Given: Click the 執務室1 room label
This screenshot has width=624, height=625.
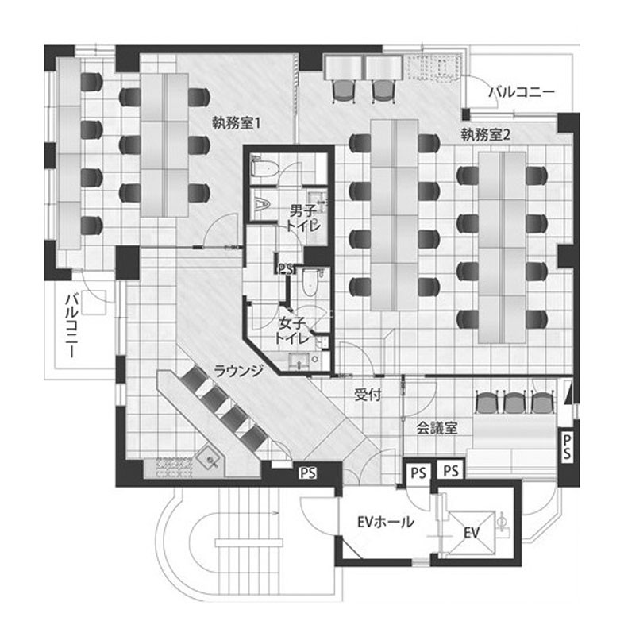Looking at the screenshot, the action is click(237, 123).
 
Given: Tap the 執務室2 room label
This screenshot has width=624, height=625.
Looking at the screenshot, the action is click(485, 134).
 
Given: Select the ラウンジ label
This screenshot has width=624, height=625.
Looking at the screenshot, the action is click(238, 371).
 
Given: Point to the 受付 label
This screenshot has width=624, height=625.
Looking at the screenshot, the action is click(368, 395).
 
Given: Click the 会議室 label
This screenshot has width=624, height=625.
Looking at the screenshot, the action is click(437, 428).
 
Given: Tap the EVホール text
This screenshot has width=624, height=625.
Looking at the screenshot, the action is click(385, 522).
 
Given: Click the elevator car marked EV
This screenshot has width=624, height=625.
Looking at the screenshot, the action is click(471, 533).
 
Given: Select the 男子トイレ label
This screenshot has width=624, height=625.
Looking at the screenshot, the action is click(303, 218).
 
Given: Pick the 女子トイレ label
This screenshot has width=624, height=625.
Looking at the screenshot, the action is click(292, 331).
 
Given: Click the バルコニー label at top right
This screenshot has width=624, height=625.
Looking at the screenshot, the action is click(522, 92).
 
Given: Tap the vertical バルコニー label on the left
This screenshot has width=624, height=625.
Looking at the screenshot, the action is click(72, 326).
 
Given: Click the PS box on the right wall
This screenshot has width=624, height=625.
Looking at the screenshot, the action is click(567, 446).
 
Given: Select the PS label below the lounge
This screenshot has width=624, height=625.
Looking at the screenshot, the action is click(308, 473).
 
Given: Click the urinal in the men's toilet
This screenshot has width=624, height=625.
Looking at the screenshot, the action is click(262, 204).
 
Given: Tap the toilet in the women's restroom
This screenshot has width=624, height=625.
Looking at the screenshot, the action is click(310, 283).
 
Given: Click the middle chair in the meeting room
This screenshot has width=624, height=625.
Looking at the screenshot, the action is click(514, 403).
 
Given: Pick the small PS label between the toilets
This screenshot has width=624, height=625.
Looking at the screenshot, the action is click(286, 268).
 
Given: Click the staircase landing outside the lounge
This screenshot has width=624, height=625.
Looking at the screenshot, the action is click(249, 542).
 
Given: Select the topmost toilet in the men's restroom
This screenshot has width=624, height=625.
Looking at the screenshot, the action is click(264, 168).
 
